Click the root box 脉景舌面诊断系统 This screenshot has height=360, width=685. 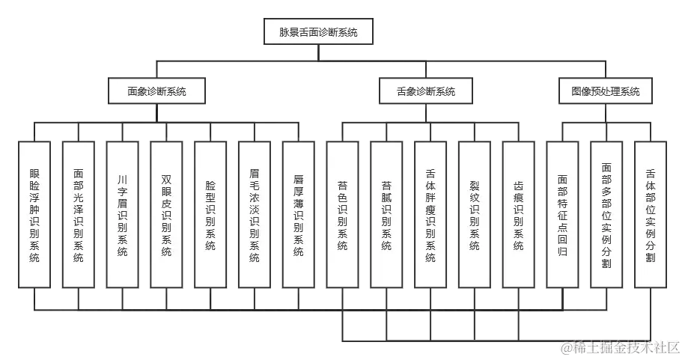coord(318,32)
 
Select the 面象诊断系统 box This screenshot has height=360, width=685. coord(157,91)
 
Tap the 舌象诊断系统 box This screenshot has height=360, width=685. coord(426,91)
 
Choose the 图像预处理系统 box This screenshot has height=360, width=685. coord(605,91)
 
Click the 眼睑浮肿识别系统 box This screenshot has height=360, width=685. coord(34,213)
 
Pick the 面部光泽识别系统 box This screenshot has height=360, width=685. coord(79,213)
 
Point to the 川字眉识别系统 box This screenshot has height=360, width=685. coord(123,213)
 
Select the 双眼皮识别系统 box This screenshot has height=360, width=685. coord(166,213)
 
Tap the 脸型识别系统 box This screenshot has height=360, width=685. coord(210,213)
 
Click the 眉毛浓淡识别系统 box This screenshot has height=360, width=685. coord(255,213)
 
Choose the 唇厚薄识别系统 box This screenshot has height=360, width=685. coord(299,213)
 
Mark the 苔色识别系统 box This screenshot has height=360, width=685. coord(342,213)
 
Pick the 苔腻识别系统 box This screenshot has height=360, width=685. coord(386,213)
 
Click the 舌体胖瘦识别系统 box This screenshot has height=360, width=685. coord(430,213)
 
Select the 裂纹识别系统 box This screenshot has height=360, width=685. coord(474,213)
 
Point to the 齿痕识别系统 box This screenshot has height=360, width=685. coord(518,213)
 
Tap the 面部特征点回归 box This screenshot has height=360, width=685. coord(562,213)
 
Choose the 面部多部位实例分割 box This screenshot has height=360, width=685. coord(606,213)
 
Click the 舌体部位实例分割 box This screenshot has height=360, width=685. coord(650,213)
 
